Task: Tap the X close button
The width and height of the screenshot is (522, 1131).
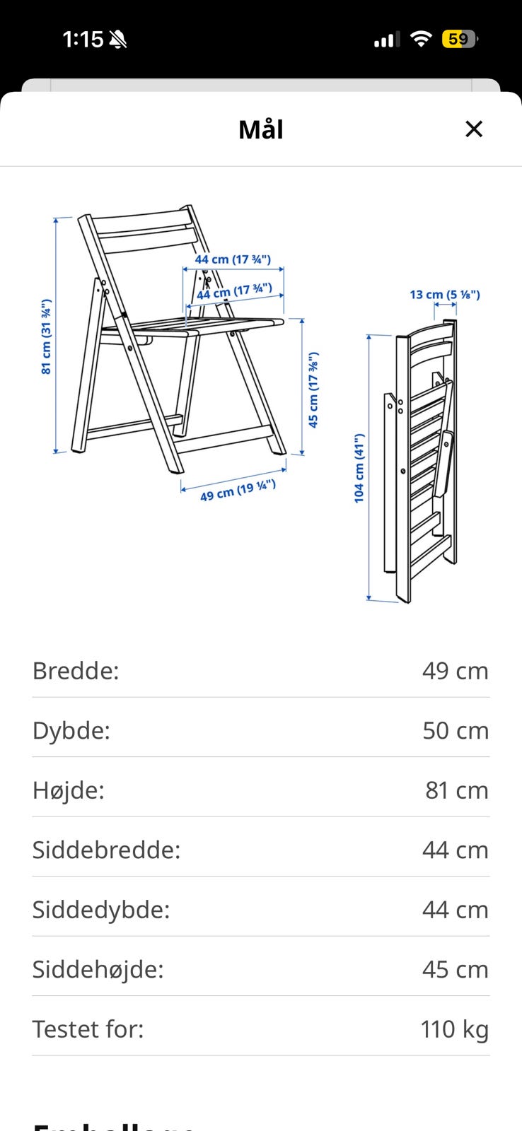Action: (x=473, y=129)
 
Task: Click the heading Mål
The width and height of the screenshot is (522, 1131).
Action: (x=261, y=130)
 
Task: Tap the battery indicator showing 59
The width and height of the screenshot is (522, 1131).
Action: (x=458, y=40)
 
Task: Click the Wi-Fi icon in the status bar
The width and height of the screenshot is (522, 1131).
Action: (x=421, y=40)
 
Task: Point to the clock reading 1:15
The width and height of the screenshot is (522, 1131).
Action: (x=83, y=40)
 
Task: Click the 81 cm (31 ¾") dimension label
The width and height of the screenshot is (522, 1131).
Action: (x=46, y=336)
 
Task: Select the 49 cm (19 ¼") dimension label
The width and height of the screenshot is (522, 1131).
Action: (x=238, y=490)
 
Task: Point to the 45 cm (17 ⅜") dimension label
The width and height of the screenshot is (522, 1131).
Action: (x=313, y=389)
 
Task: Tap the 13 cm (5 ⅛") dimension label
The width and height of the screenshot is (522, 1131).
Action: (x=445, y=294)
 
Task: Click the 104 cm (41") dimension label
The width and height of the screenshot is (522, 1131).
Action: (x=359, y=468)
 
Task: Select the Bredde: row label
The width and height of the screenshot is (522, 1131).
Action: (x=76, y=671)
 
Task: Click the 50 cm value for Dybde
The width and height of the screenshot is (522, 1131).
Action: (x=456, y=730)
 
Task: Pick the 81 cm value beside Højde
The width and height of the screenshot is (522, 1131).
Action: (x=456, y=790)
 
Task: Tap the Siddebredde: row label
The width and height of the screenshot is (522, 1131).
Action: (x=106, y=850)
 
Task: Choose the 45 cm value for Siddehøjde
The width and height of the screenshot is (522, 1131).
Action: (x=456, y=969)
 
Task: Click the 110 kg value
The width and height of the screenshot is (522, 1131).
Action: (x=454, y=1029)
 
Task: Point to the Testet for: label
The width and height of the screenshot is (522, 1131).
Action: (x=88, y=1029)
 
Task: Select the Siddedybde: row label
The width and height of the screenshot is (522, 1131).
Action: (x=101, y=910)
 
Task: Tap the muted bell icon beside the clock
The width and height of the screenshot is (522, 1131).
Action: (x=118, y=40)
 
